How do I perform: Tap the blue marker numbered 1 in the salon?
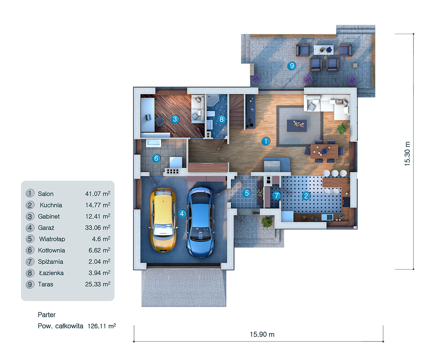(x=266, y=141)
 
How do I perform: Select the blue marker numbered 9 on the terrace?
(x=291, y=66)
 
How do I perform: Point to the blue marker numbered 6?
(x=156, y=158)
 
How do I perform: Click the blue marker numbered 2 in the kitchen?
(x=306, y=196)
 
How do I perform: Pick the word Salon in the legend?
(x=45, y=194)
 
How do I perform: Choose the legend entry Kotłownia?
(x=51, y=250)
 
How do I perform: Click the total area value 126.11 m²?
(x=102, y=326)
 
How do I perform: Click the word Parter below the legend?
(x=47, y=315)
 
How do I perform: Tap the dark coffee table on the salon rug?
(x=297, y=125)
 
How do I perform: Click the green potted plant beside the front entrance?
(x=267, y=221)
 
